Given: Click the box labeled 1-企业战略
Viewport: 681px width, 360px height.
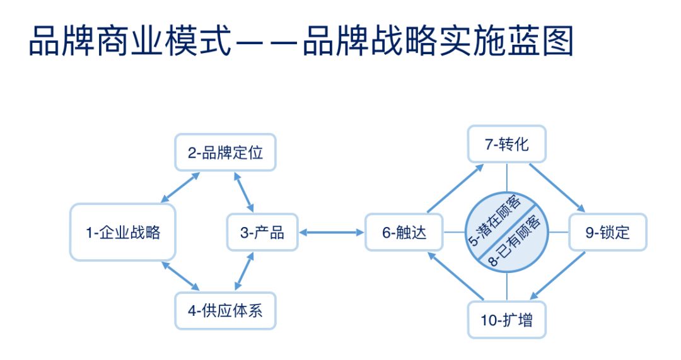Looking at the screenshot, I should point(123,232).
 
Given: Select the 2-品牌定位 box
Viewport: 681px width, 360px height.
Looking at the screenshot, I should point(225,153).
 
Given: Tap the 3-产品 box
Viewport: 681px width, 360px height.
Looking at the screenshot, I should point(262,232).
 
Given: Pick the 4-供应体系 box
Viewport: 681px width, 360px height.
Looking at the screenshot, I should point(225,310).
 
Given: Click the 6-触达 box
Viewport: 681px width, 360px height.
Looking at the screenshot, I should point(404,233).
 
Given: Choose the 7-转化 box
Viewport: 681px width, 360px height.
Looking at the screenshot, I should point(506,144).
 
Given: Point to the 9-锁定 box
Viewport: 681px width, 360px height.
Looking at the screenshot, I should point(607,233).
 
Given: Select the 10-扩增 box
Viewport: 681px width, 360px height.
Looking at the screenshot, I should point(506,320).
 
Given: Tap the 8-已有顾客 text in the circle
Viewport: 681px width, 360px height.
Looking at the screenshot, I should point(519,243).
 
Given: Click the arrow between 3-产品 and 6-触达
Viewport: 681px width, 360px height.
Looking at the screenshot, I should point(332,233).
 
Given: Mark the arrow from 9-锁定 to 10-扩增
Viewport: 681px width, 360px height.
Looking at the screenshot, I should point(557,276).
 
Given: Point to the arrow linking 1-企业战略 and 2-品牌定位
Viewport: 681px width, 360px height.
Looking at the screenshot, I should point(180,187).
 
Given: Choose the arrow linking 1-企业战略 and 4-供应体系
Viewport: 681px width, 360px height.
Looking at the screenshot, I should point(180,277).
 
